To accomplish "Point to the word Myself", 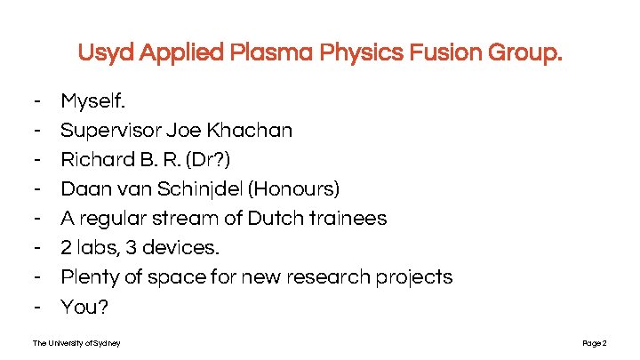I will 92,101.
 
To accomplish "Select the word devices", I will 186,248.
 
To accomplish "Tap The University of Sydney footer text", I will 76,343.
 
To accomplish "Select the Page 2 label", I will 594,343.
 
